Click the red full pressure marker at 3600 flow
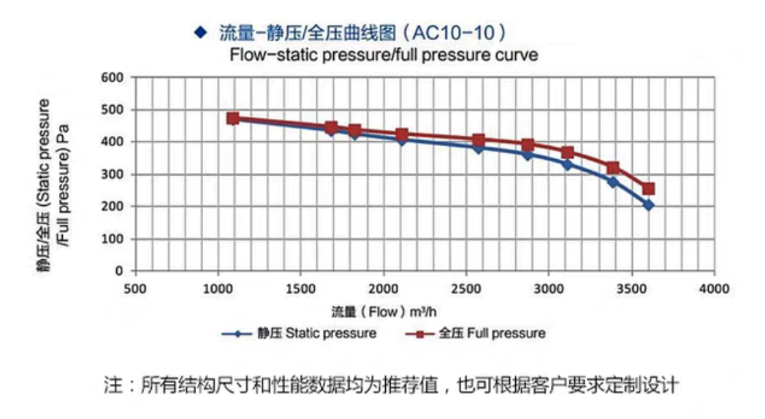click(x=648, y=188)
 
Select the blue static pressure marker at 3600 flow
click(x=648, y=205)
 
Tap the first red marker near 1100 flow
click(x=233, y=118)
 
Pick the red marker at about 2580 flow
click(x=479, y=140)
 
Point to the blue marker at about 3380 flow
click(x=612, y=182)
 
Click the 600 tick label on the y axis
click(x=118, y=77)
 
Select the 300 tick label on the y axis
click(x=118, y=174)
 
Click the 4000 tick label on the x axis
click(x=714, y=289)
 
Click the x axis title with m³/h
click(x=384, y=312)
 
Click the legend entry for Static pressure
click(x=300, y=334)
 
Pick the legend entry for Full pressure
click(x=475, y=334)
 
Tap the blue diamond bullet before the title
click(x=199, y=32)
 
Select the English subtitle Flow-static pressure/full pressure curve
click(x=384, y=55)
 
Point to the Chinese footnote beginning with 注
click(x=391, y=385)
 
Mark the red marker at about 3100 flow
click(x=567, y=153)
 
